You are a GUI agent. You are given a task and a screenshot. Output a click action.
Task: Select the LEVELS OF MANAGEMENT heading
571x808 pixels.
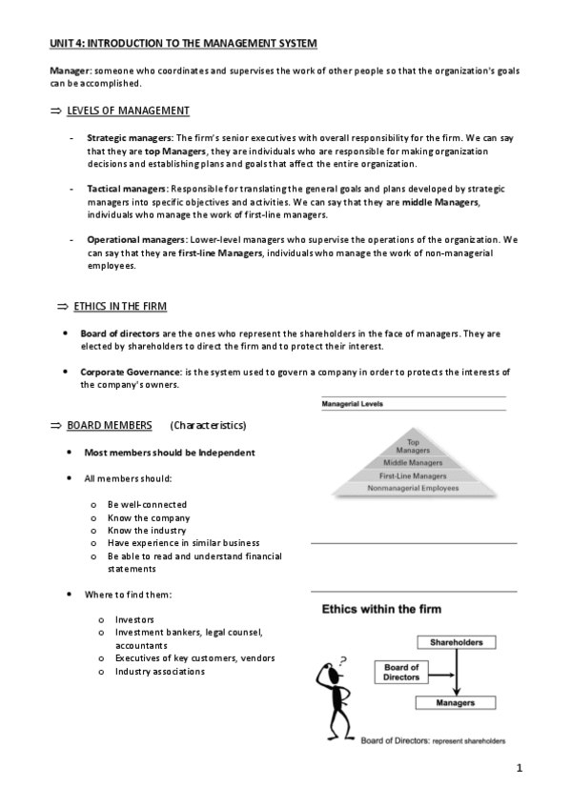click(x=128, y=111)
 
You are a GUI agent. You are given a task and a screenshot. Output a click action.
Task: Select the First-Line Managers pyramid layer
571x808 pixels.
click(x=413, y=475)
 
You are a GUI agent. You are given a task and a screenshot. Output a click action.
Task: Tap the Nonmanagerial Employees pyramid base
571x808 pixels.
click(x=413, y=488)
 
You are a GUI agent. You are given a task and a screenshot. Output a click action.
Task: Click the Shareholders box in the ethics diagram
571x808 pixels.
click(x=456, y=642)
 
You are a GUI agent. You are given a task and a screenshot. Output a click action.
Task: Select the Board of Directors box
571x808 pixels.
click(x=402, y=672)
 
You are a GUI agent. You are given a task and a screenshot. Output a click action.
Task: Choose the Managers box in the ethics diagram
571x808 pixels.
click(x=456, y=702)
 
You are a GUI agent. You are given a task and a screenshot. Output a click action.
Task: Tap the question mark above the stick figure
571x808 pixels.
click(x=342, y=658)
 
